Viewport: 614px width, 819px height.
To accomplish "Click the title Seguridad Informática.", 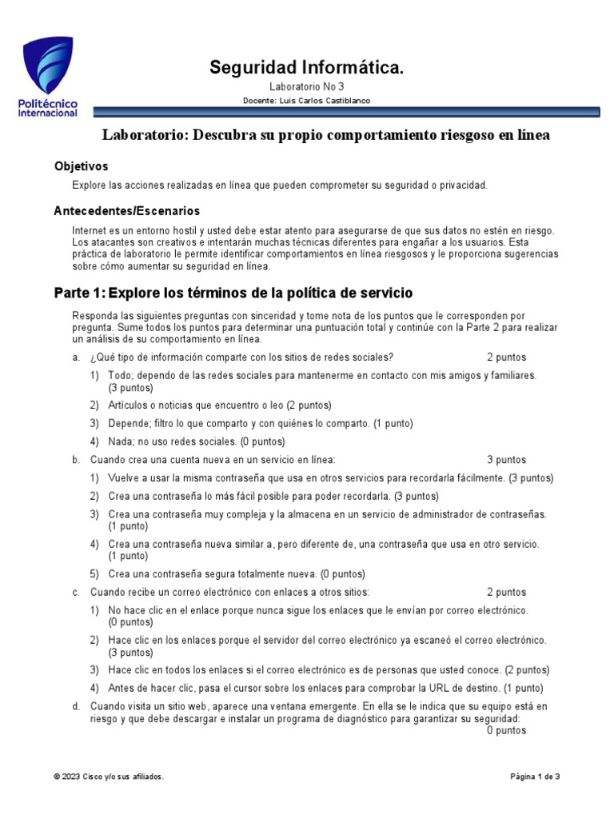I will coord(306,68).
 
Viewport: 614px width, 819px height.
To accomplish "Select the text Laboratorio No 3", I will coord(306,86).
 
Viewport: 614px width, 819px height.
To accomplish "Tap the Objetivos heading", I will coord(81,166).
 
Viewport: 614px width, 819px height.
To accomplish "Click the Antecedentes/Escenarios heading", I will coord(126,211).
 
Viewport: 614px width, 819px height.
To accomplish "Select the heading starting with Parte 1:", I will coord(233,293).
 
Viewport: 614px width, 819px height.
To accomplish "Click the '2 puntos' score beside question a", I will coord(506,358).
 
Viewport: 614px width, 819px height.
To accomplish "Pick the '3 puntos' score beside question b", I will coord(506,460).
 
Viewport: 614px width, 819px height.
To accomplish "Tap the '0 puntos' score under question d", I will coord(506,730).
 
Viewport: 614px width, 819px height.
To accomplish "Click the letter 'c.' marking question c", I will coord(75,593).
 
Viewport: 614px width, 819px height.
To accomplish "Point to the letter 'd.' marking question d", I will coord(75,706).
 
